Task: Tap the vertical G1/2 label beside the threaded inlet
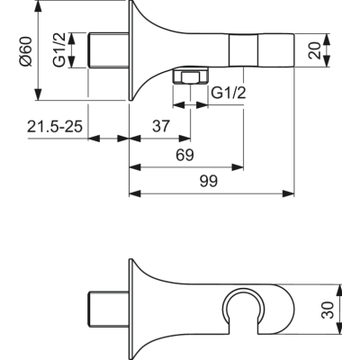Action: [59, 51]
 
